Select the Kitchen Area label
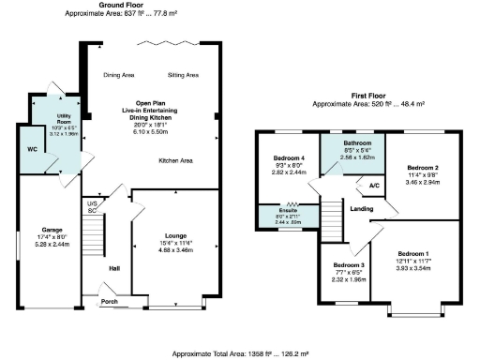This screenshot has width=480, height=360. pyautogui.click(x=175, y=161)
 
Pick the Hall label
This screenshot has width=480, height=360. pyautogui.click(x=113, y=267)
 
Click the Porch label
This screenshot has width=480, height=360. pyautogui.click(x=111, y=302)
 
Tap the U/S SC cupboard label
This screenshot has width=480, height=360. pyautogui.click(x=93, y=205)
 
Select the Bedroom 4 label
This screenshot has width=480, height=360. pyautogui.click(x=289, y=157)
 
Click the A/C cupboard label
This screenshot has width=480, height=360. pyautogui.click(x=374, y=186)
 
